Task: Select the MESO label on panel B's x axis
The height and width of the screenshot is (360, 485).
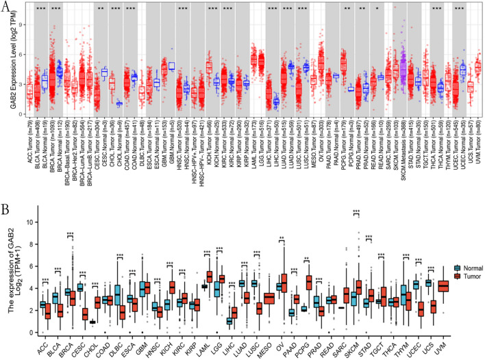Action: pos(250,344)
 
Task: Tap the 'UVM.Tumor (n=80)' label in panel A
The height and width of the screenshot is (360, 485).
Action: pos(478,147)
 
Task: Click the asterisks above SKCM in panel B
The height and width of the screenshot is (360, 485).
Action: pos(356,213)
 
